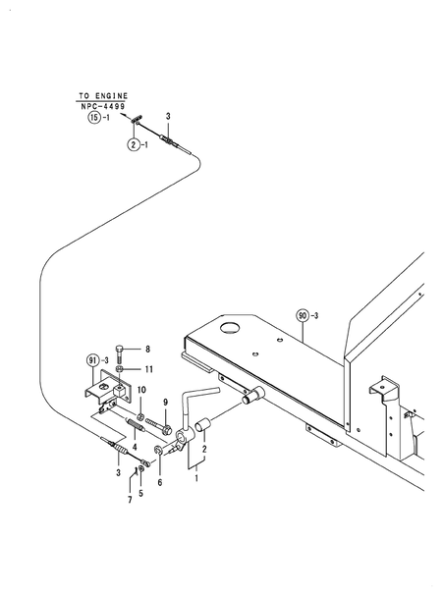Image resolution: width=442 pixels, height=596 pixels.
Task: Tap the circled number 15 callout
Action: (95, 118)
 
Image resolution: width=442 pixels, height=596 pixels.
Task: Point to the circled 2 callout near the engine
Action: (133, 144)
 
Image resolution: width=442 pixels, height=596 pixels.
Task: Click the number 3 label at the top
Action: (168, 117)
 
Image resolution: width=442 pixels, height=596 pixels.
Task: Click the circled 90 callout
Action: (303, 315)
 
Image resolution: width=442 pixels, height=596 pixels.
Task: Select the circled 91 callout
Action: (94, 359)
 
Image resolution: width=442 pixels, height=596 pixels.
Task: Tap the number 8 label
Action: (146, 349)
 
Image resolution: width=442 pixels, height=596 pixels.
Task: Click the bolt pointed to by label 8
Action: (120, 352)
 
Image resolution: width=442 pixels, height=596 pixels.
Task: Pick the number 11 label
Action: (148, 369)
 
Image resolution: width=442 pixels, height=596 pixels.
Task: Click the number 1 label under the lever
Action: (195, 478)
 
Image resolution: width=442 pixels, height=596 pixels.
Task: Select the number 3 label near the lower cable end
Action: (118, 473)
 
